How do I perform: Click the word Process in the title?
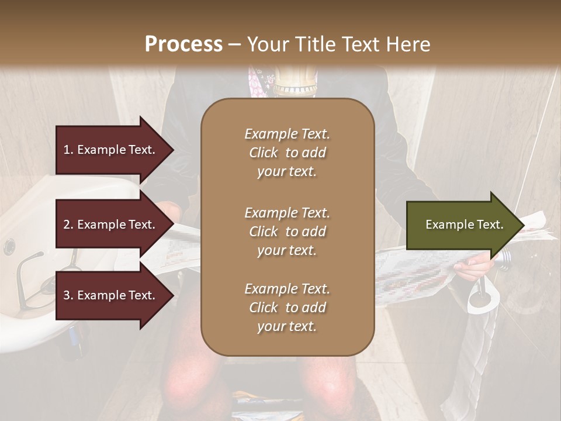[x=183, y=44]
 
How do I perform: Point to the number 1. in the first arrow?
[x=68, y=150]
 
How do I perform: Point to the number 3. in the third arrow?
[x=68, y=295]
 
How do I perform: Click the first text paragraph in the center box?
[x=287, y=153]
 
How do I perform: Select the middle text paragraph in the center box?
[x=287, y=231]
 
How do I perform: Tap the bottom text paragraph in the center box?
[x=287, y=308]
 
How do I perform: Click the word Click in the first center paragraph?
[x=264, y=153]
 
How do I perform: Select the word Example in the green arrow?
[x=445, y=225]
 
